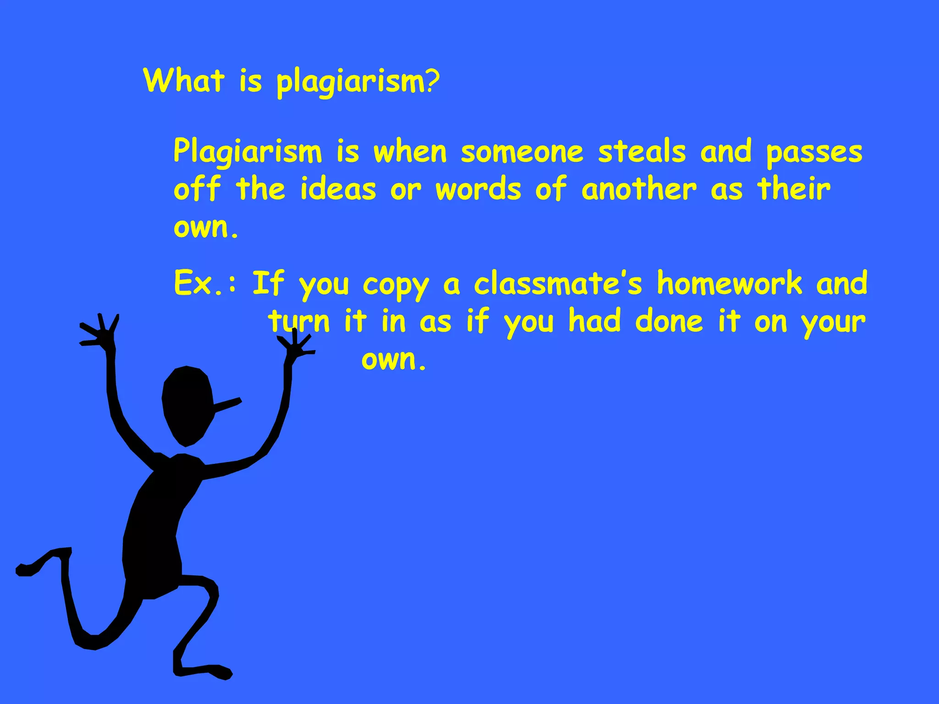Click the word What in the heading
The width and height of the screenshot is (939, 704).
[x=184, y=81]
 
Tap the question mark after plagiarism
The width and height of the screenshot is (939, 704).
[x=432, y=82]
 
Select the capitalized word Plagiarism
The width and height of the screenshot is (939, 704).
[x=248, y=152]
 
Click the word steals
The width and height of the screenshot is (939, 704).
[x=642, y=152]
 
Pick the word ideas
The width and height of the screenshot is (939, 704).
[x=338, y=189]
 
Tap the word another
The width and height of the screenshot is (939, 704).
[x=639, y=189]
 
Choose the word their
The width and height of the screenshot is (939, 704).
[x=794, y=189]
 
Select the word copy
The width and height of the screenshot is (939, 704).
[x=396, y=285]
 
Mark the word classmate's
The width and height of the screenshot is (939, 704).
[x=558, y=283]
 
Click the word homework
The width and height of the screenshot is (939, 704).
[x=729, y=283]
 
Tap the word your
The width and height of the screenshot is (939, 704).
[x=833, y=323]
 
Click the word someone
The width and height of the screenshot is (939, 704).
[x=522, y=152]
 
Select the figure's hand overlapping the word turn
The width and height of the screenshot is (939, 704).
[x=296, y=346]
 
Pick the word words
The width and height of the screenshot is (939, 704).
[x=478, y=189]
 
